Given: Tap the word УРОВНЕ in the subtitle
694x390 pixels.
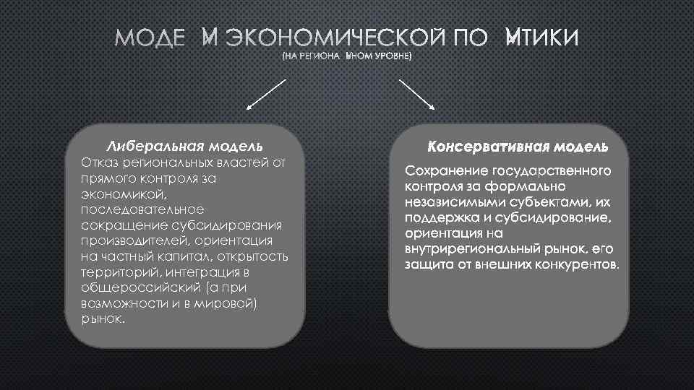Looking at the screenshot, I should [x=390, y=56].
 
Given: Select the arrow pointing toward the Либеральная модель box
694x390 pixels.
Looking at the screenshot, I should [x=267, y=93].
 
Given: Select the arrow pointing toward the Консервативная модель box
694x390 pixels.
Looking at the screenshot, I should [x=417, y=93].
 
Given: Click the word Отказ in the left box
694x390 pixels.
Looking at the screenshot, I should [x=99, y=162].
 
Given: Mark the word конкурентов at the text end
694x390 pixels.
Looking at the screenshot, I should [x=576, y=264].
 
